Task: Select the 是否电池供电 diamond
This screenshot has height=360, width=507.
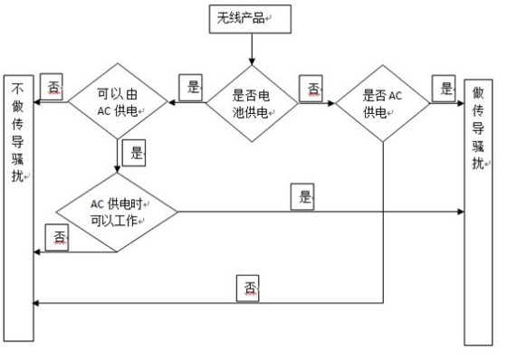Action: coord(251,100)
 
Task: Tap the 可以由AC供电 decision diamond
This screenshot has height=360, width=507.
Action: coord(119,100)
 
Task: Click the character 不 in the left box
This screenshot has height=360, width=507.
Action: coord(19,90)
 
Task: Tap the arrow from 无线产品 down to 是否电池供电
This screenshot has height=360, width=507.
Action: coord(251,49)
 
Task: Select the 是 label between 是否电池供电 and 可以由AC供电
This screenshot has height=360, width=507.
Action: coord(191,88)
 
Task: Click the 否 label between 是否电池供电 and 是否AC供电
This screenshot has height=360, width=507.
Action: coord(314,88)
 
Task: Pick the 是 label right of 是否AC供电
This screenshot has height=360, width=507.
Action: coord(446,88)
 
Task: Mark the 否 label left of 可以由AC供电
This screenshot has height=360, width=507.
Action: coord(53,88)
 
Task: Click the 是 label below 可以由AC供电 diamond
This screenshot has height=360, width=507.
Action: coord(137,153)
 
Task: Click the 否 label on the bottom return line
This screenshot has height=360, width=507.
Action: coord(251,289)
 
